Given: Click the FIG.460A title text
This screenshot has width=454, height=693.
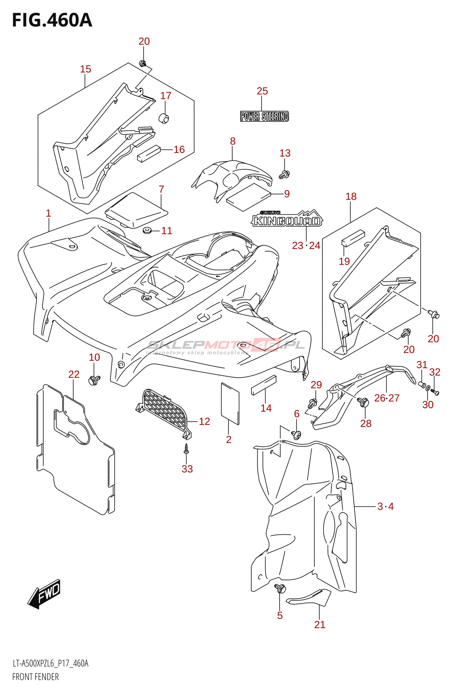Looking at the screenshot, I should point(52,20).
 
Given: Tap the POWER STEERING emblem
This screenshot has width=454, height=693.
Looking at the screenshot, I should point(264,116).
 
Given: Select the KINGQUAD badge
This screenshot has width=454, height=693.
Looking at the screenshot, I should point(287,220).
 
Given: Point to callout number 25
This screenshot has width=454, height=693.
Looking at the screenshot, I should point(262,91).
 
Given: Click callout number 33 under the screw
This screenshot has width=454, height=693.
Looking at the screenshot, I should point(187,469).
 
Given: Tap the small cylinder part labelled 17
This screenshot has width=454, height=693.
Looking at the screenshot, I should point(164,117).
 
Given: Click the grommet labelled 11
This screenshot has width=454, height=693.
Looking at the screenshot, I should point(148,230).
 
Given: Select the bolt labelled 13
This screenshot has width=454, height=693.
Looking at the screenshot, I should point(285,175).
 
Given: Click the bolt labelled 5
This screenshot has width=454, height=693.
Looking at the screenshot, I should point(281,589).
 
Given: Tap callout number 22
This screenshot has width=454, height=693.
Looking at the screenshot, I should point(74,374).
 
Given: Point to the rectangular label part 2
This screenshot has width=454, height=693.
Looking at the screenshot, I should point(230,403).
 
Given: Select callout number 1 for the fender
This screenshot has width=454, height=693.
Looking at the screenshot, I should point(49,213).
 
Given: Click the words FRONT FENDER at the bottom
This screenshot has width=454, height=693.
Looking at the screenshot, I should point(36,677).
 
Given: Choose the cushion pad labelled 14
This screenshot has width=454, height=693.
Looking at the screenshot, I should point(264,385).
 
